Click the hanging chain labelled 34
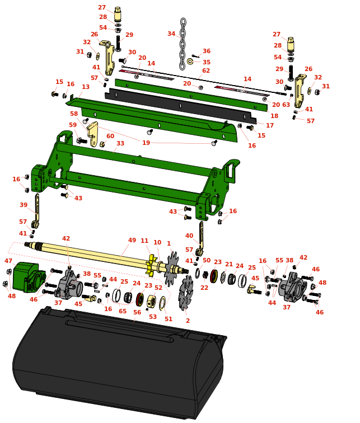183,44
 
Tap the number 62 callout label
206,70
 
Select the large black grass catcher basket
119,361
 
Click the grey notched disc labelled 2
186,292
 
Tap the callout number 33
120,143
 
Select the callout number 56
137,312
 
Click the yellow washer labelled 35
190,62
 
